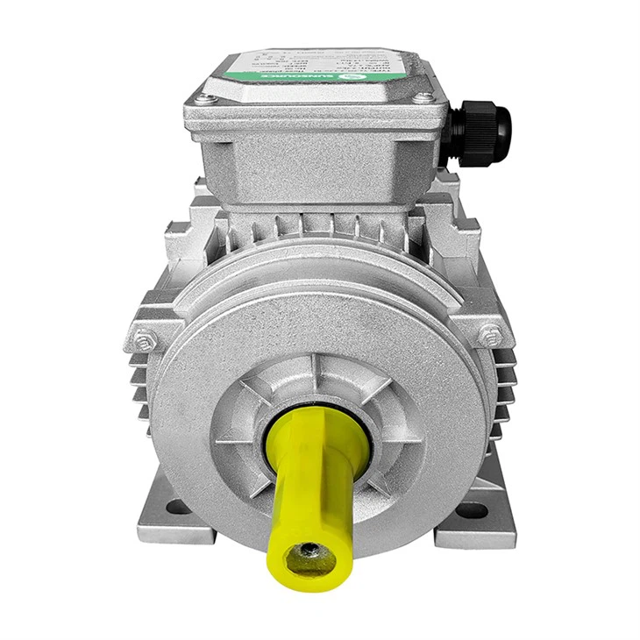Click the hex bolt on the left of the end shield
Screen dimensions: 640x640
point(145,338)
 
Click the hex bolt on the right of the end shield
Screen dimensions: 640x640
point(490,334)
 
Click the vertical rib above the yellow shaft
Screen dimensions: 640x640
point(320,377)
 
